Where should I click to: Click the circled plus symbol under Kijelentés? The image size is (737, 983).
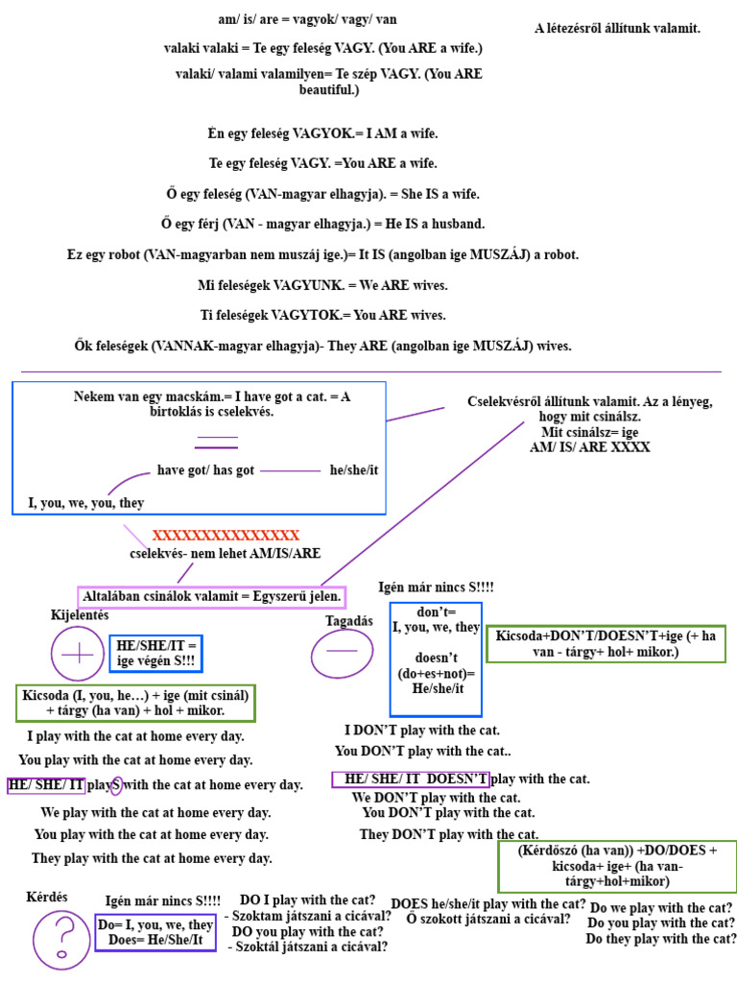click(79, 655)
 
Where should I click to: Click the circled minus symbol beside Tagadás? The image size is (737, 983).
click(341, 652)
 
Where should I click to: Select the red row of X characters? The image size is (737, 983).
click(226, 536)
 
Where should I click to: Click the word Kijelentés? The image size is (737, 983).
click(80, 614)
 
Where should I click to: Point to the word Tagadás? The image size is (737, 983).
click(349, 621)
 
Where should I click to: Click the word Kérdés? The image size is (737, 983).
click(47, 898)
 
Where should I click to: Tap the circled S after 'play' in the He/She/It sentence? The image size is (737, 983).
click(116, 785)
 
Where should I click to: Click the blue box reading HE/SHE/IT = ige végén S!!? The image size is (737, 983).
click(156, 653)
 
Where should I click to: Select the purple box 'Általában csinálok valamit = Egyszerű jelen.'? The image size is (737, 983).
click(205, 596)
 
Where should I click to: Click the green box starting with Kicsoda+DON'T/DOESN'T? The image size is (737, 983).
click(606, 644)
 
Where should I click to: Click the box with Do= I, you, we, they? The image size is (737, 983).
click(155, 932)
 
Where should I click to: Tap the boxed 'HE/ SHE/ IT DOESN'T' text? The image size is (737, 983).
click(410, 779)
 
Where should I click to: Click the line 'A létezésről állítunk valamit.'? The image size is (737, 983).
click(617, 29)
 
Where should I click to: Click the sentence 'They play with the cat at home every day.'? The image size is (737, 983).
click(152, 858)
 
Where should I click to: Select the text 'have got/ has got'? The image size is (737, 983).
click(205, 470)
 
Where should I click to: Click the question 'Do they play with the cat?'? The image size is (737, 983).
click(660, 939)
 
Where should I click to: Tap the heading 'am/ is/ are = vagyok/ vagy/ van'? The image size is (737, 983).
click(307, 19)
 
